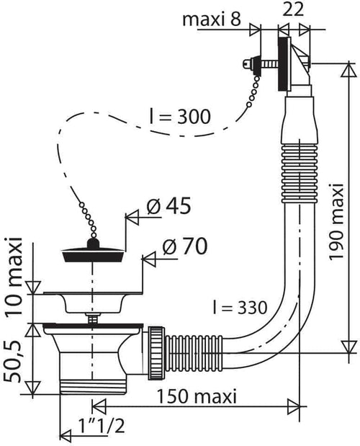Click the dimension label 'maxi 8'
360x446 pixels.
click(x=212, y=19)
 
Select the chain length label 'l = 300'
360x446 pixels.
click(x=181, y=116)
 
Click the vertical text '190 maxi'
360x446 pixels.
click(x=337, y=221)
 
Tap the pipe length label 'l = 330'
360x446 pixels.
click(x=240, y=307)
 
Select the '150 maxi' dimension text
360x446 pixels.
click(x=197, y=396)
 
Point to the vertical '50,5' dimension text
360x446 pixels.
click(x=13, y=361)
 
